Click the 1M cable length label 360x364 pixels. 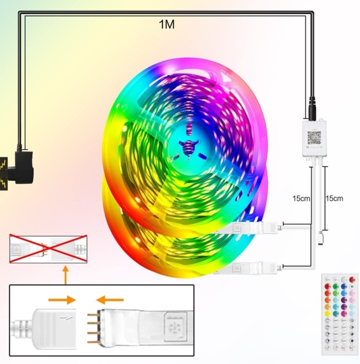tap(168, 25)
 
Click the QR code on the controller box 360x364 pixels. tap(314, 139)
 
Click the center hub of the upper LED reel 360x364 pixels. tap(187, 146)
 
